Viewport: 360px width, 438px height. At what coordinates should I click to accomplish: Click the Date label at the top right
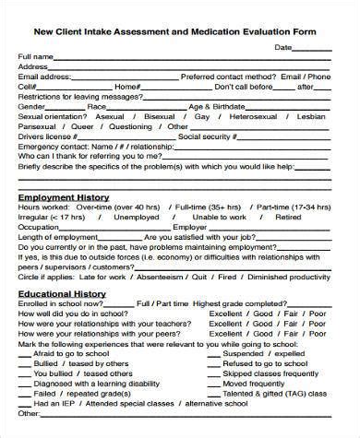coord(283,46)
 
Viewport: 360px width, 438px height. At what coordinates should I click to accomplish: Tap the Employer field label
coord(190,227)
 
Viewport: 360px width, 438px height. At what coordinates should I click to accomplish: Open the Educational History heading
coord(62,295)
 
